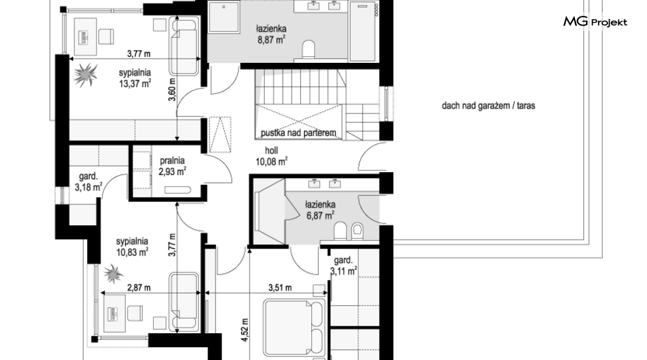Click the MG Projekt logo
595,21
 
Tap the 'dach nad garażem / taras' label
488,106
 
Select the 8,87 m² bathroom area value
271,40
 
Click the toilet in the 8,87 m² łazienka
308,50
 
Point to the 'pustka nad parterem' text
298,133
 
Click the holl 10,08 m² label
271,156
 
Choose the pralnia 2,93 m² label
172,166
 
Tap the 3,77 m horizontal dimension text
139,53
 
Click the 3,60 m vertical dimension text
173,90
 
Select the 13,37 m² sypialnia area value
134,84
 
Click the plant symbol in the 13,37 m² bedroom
86,74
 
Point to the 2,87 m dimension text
139,287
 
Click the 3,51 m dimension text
280,287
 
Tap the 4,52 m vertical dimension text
245,330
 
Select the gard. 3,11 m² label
343,265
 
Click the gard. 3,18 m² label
89,182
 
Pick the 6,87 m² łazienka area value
320,215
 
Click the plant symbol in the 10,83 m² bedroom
113,273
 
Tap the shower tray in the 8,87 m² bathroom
223,16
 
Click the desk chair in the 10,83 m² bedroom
135,313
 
